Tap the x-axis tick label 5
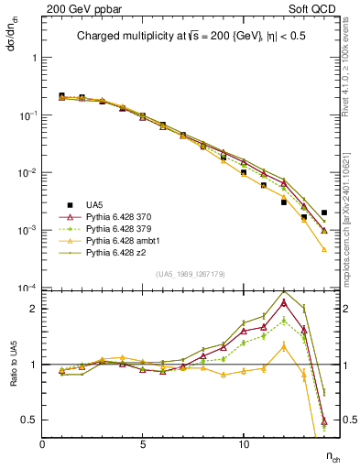[x=143, y=444]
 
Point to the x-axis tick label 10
[x=243, y=444]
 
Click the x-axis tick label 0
[x=43, y=444]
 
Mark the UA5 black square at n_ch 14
[x=324, y=213]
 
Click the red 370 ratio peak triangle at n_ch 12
[x=284, y=302]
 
